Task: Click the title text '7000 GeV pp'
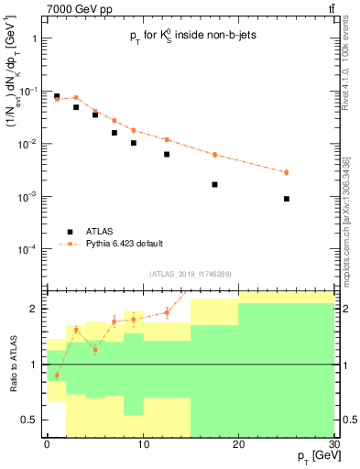click(50, 8)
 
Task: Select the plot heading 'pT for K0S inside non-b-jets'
click(188, 38)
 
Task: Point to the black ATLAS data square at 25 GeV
click(286, 199)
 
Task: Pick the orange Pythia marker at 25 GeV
click(286, 172)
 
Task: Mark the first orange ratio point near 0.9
click(57, 376)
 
